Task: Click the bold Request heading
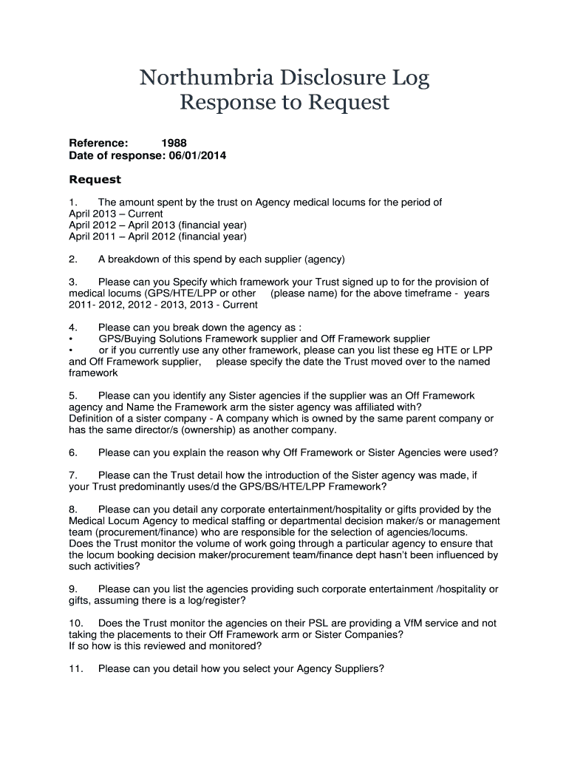click(95, 180)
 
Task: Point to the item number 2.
click(73, 259)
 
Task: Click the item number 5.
click(73, 396)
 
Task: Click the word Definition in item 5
click(92, 418)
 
